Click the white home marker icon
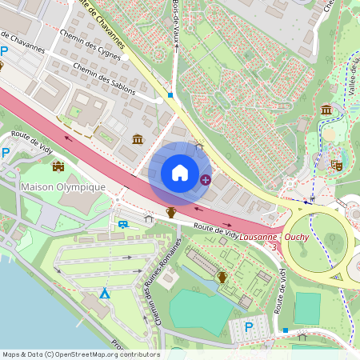(180, 173)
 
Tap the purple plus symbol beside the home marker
(206, 180)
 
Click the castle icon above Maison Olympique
(58, 166)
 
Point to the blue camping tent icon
(104, 294)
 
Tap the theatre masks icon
(336, 165)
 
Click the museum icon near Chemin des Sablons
(138, 140)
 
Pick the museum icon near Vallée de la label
(326, 110)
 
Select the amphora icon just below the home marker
(170, 212)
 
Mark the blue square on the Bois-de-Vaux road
(170, 95)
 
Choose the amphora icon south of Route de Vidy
(222, 277)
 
